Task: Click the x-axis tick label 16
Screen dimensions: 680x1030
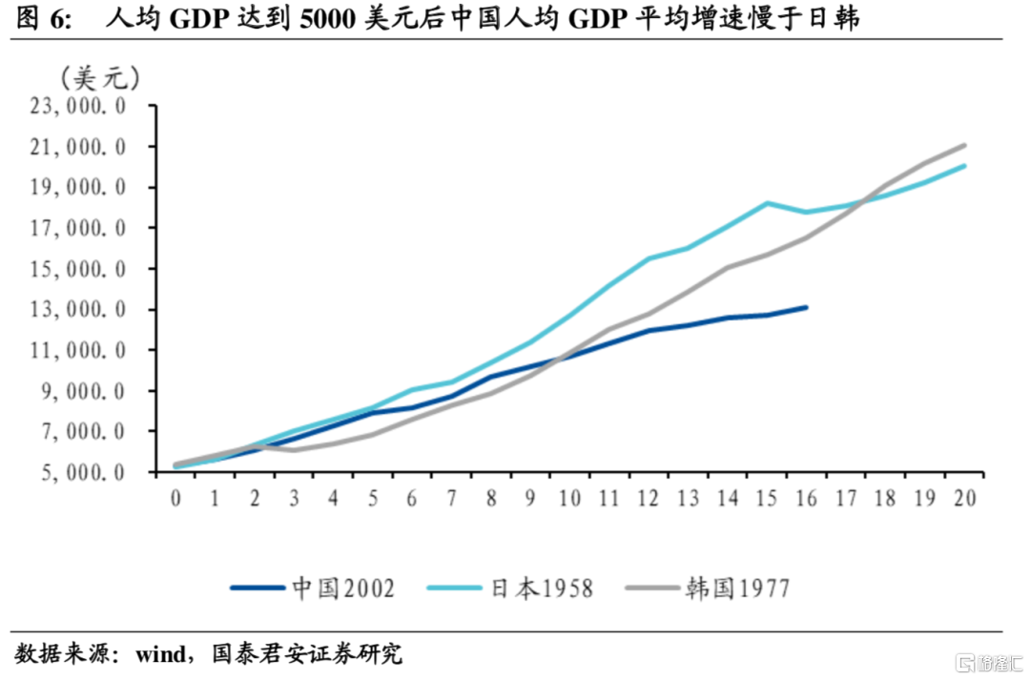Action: point(807,499)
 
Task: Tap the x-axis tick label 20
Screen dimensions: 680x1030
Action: point(964,499)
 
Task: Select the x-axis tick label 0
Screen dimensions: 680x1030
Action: point(175,499)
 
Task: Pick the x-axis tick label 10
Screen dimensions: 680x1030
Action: point(570,499)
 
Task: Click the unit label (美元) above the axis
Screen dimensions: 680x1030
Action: point(99,77)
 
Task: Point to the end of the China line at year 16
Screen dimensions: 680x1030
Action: point(807,307)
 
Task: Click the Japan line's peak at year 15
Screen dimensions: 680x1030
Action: point(768,203)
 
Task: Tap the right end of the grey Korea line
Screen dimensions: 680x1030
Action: point(965,145)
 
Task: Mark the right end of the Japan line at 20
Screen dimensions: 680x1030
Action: point(965,166)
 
